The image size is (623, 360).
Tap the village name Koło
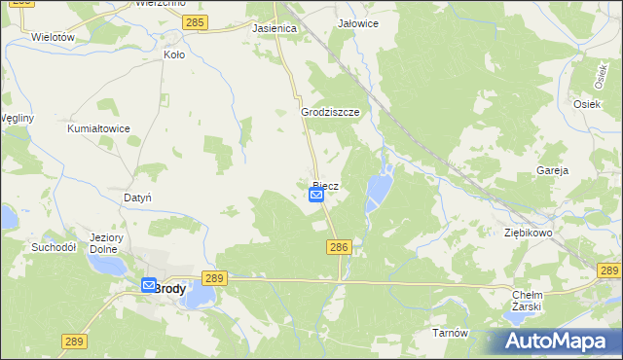tap(174, 54)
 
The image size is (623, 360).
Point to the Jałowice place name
tap(357, 21)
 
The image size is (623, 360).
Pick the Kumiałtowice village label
tap(98, 127)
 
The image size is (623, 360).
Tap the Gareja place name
tap(552, 170)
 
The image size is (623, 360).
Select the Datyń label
tap(137, 198)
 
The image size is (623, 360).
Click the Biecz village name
tap(326, 186)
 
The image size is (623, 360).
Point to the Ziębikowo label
tap(530, 234)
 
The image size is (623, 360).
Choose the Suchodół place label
tap(54, 247)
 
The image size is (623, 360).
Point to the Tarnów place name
tap(451, 332)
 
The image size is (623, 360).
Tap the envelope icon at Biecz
tap(317, 196)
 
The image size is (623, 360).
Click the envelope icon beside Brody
tap(149, 286)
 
